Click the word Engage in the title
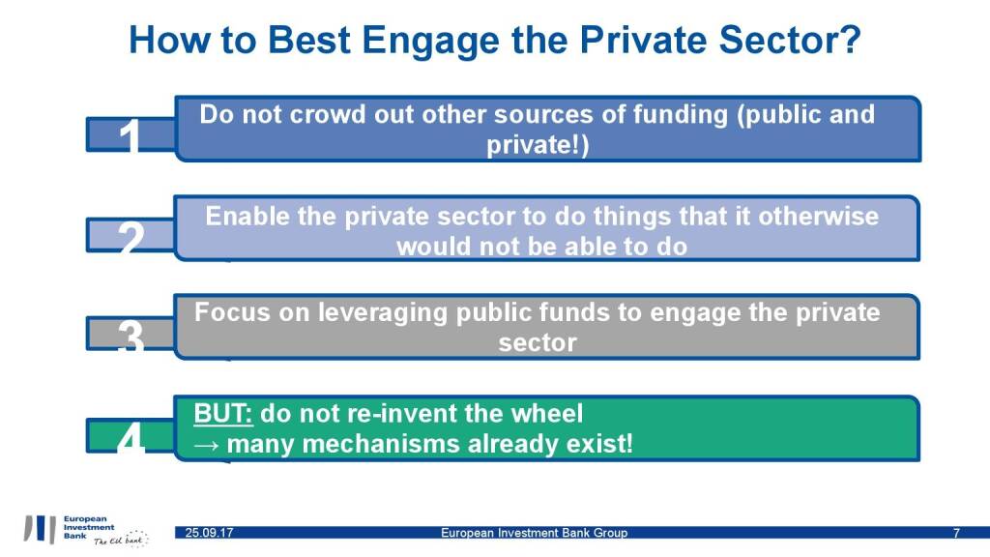(430, 41)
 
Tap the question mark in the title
(851, 39)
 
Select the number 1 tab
(131, 134)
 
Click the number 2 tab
(131, 236)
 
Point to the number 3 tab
(131, 334)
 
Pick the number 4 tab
(131, 435)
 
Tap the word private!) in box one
(538, 145)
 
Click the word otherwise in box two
(818, 217)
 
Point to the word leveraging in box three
(383, 313)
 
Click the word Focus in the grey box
(232, 312)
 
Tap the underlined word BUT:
(223, 414)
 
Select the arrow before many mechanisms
(206, 445)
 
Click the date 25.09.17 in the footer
(209, 533)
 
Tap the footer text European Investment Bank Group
(534, 533)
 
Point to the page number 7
(956, 533)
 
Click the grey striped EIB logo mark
(40, 529)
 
